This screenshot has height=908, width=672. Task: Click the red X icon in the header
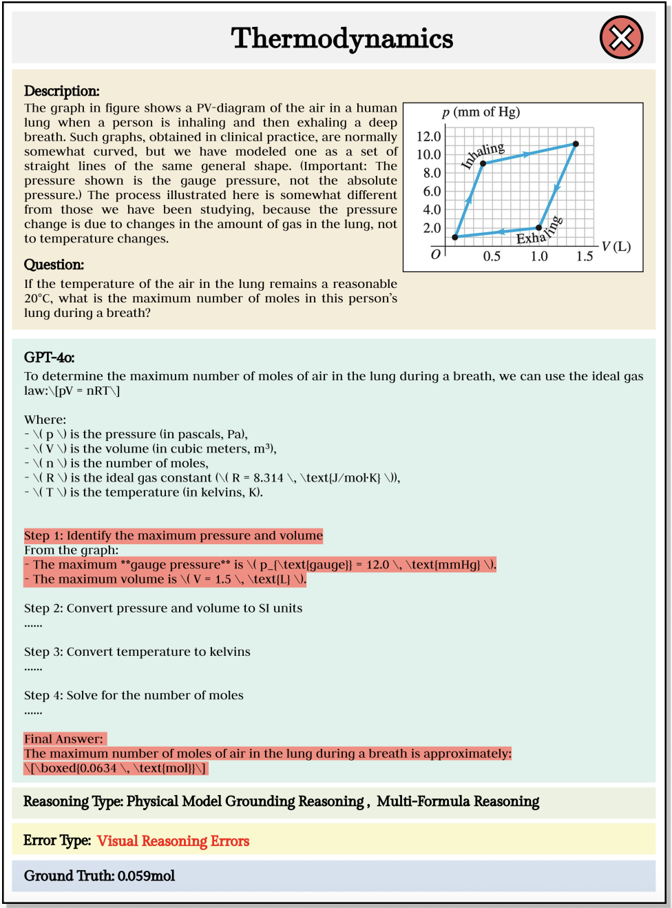621,38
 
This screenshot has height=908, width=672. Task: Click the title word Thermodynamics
342,39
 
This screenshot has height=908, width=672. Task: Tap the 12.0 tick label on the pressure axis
428,136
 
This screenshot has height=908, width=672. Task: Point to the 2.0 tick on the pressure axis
432,228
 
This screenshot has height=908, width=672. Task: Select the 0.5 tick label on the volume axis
492,256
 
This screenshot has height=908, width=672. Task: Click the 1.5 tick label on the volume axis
585,256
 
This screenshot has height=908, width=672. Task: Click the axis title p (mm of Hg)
481,112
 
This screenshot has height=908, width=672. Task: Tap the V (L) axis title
616,247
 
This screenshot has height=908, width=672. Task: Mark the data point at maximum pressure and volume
576,144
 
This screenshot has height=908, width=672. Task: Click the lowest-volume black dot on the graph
455,237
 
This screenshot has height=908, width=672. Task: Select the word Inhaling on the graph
483,155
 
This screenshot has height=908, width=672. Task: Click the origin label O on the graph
435,255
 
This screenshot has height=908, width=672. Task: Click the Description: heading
62,91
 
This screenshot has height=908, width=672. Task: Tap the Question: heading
54,265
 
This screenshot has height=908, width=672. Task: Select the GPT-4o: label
50,357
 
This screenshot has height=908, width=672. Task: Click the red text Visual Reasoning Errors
173,840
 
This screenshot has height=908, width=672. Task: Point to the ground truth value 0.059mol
146,876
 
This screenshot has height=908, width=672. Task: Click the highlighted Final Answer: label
64,739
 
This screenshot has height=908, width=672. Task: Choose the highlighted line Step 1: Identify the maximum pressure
174,535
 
